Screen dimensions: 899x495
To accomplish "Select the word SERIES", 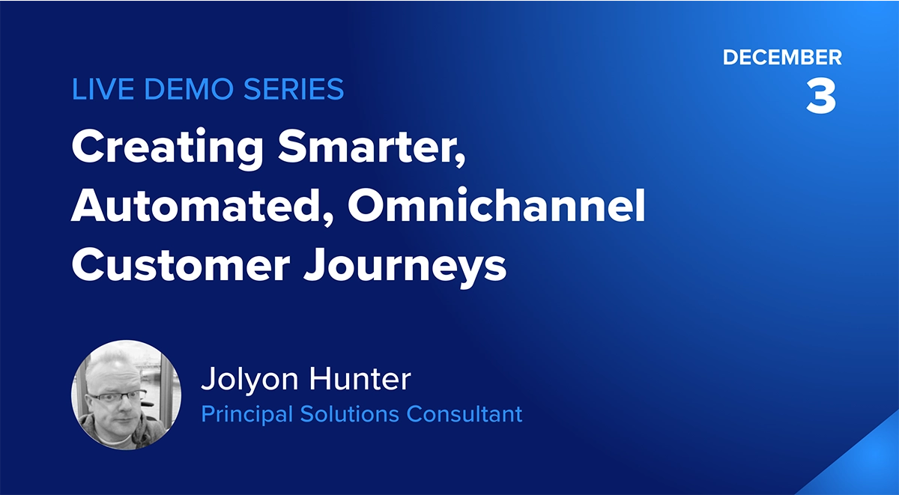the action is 294,88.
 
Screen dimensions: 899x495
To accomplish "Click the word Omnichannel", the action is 497,205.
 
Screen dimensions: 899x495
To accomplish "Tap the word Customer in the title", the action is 181,265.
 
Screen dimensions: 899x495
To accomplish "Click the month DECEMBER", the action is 782,58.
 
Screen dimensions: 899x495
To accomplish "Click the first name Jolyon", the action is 249,380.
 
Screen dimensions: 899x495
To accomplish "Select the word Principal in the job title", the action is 246,414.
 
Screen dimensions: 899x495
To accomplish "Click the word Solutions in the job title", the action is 349,414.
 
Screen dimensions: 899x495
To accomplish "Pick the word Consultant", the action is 464,414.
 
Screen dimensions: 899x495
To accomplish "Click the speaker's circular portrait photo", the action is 126,395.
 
